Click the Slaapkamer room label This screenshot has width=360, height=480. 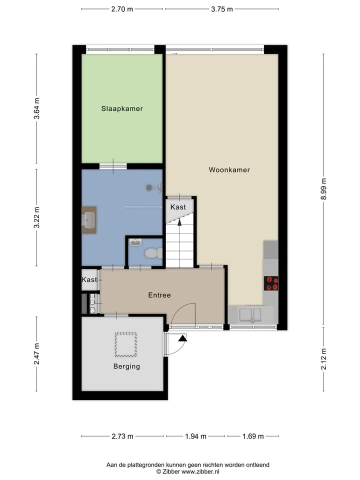122,108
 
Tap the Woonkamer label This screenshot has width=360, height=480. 229,170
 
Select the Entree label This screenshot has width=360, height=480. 159,295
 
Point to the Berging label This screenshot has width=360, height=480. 126,366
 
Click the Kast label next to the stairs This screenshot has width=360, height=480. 178,207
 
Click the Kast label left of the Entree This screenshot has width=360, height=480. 89,279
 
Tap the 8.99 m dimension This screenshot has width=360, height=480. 323,189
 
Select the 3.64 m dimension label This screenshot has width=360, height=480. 36,108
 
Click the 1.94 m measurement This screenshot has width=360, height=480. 195,436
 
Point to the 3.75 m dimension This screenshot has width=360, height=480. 222,9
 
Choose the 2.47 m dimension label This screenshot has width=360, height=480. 36,354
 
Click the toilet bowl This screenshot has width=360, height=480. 153,253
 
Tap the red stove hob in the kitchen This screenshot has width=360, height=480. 271,283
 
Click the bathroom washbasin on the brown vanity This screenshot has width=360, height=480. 89,220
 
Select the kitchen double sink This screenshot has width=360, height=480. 250,315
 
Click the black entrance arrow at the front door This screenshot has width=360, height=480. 183,338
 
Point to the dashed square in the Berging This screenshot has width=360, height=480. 126,344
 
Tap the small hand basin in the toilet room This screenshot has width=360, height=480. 135,242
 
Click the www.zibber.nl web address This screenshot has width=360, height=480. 200,471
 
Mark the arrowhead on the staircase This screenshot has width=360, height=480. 179,222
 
